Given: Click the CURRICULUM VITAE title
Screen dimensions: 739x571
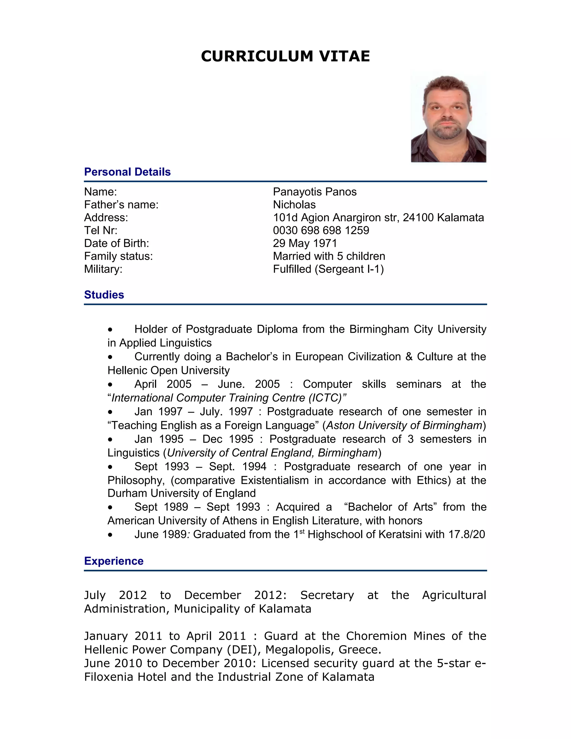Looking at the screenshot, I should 285,56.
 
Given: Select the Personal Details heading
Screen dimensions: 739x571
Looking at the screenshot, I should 127,172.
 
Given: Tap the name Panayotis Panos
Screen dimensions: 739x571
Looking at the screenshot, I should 314,192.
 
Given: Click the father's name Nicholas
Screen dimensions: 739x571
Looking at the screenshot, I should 294,205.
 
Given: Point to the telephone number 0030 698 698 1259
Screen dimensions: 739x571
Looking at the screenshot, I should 321,230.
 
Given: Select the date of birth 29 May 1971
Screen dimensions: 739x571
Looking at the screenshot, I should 305,243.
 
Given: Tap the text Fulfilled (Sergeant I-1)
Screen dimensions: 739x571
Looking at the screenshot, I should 328,269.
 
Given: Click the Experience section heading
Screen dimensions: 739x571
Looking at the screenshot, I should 114,561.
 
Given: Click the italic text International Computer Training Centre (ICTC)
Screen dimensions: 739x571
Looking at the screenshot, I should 227,398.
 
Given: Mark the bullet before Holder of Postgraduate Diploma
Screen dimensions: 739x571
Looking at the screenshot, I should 110,330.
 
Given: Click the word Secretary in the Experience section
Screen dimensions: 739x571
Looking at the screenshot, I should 327,595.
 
